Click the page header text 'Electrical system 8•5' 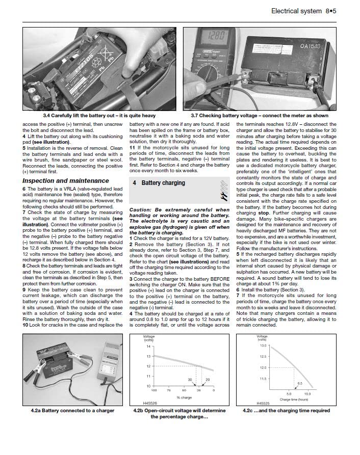click(x=303, y=11)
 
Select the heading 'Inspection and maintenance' click(x=65, y=180)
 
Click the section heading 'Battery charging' click(x=163, y=183)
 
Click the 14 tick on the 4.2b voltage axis click(x=149, y=346)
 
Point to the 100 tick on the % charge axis click(x=155, y=390)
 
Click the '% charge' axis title click(x=184, y=396)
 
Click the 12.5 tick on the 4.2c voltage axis click(x=263, y=357)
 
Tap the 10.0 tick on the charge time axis click(x=307, y=394)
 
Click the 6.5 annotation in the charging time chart click(x=300, y=383)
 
